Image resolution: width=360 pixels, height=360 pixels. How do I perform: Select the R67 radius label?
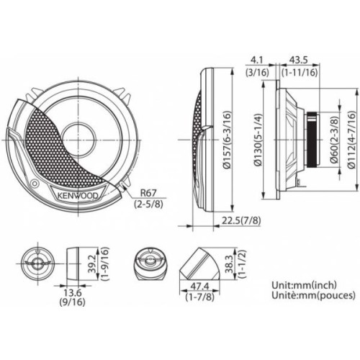pyautogui.click(x=148, y=193)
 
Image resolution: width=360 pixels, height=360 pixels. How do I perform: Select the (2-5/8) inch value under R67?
pyautogui.click(x=148, y=204)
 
